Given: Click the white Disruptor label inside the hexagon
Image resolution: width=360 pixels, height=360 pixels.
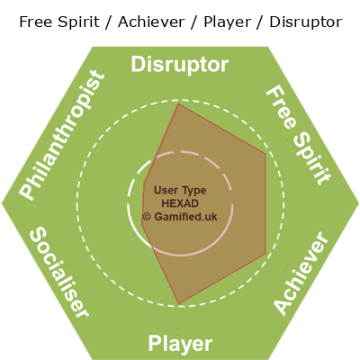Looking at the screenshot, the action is [x=180, y=65].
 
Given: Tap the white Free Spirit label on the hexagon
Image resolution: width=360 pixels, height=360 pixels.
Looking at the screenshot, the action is [x=299, y=136].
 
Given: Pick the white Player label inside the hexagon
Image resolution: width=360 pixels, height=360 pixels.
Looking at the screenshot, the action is [x=180, y=344].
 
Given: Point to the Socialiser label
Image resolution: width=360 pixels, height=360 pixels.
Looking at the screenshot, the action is [x=59, y=272].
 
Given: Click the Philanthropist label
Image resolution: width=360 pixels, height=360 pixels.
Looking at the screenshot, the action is [x=62, y=135].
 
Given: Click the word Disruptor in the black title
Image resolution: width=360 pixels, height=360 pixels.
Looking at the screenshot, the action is [x=306, y=22].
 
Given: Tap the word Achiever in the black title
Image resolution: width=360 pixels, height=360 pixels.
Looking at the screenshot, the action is [x=151, y=22].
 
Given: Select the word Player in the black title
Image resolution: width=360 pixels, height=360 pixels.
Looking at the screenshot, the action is [x=227, y=22].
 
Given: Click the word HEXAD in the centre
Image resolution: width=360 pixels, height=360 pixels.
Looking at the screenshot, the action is [x=180, y=203].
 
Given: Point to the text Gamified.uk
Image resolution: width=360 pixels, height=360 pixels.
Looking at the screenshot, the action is [x=185, y=217].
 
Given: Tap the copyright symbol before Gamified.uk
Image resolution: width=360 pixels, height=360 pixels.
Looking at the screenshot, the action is [x=147, y=217].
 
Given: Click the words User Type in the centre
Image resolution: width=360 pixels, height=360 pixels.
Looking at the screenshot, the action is [x=180, y=190].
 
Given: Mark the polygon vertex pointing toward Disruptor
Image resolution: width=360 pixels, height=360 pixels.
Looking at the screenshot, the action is [x=179, y=103].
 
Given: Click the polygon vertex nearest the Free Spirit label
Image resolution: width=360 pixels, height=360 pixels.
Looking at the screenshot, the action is [x=265, y=154].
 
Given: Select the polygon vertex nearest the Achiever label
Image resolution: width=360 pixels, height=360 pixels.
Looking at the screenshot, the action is [x=265, y=255].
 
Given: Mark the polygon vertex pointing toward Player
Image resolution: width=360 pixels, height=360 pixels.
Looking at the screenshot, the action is [x=179, y=304].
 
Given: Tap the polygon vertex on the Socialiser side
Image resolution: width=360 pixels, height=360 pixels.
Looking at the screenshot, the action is [x=142, y=225].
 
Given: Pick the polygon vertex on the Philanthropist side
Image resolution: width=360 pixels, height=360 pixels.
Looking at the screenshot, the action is [x=144, y=184].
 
